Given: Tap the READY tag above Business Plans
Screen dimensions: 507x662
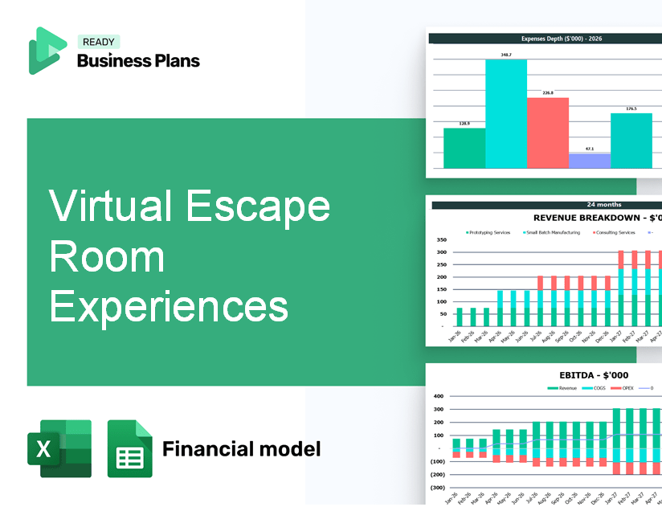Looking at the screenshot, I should tap(98, 43).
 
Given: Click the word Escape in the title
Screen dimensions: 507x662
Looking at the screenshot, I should tap(258, 206).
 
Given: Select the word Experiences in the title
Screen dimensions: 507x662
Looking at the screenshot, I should tap(169, 306).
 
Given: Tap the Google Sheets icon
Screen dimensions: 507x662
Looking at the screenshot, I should tap(129, 448).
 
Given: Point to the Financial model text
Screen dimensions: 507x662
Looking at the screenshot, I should tap(241, 448).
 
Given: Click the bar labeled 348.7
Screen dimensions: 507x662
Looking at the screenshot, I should tap(506, 113).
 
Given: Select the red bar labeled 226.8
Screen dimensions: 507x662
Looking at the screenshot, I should tap(547, 133).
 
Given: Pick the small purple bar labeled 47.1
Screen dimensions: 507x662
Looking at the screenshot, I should tap(589, 161).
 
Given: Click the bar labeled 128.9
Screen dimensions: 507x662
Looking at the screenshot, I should tap(464, 148).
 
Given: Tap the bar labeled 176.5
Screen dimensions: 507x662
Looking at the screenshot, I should tap(631, 141).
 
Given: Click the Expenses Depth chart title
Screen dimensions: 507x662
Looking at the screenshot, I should tap(546, 38).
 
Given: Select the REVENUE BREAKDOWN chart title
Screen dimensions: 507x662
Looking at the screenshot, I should tap(598, 218).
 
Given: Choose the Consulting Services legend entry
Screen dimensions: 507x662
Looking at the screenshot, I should tap(615, 233).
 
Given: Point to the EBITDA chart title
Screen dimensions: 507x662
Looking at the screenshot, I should tap(594, 374).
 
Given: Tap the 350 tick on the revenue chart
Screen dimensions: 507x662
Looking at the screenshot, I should tap(441, 240).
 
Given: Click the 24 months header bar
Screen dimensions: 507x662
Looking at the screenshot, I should tap(546, 205).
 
